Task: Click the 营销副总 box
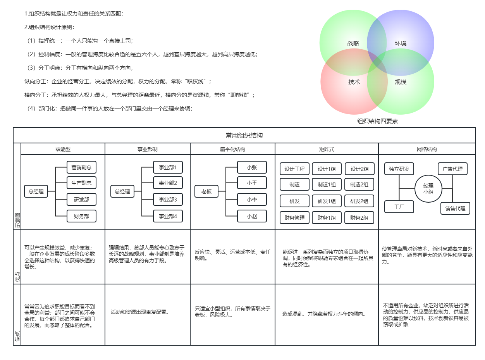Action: pos(81,167)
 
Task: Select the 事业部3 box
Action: pos(168,200)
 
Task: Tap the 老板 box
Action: pos(206,191)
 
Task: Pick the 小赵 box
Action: pos(252,217)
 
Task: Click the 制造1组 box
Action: pos(327,185)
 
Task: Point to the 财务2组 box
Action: pos(359,218)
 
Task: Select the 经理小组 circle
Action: pos(428,188)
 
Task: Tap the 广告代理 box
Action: pos(452,169)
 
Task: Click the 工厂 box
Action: pos(399,207)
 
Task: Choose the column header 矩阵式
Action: pos(327,149)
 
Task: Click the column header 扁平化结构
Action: pos(232,149)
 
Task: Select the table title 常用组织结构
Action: pos(244,135)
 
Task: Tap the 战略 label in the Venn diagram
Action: pos(353,43)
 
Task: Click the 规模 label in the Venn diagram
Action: pos(401,82)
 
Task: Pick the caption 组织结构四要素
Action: pos(377,121)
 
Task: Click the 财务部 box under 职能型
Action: pos(81,216)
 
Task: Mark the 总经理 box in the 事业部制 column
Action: pos(122,191)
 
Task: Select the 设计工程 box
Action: pos(294,169)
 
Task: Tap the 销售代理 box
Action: pos(455,208)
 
